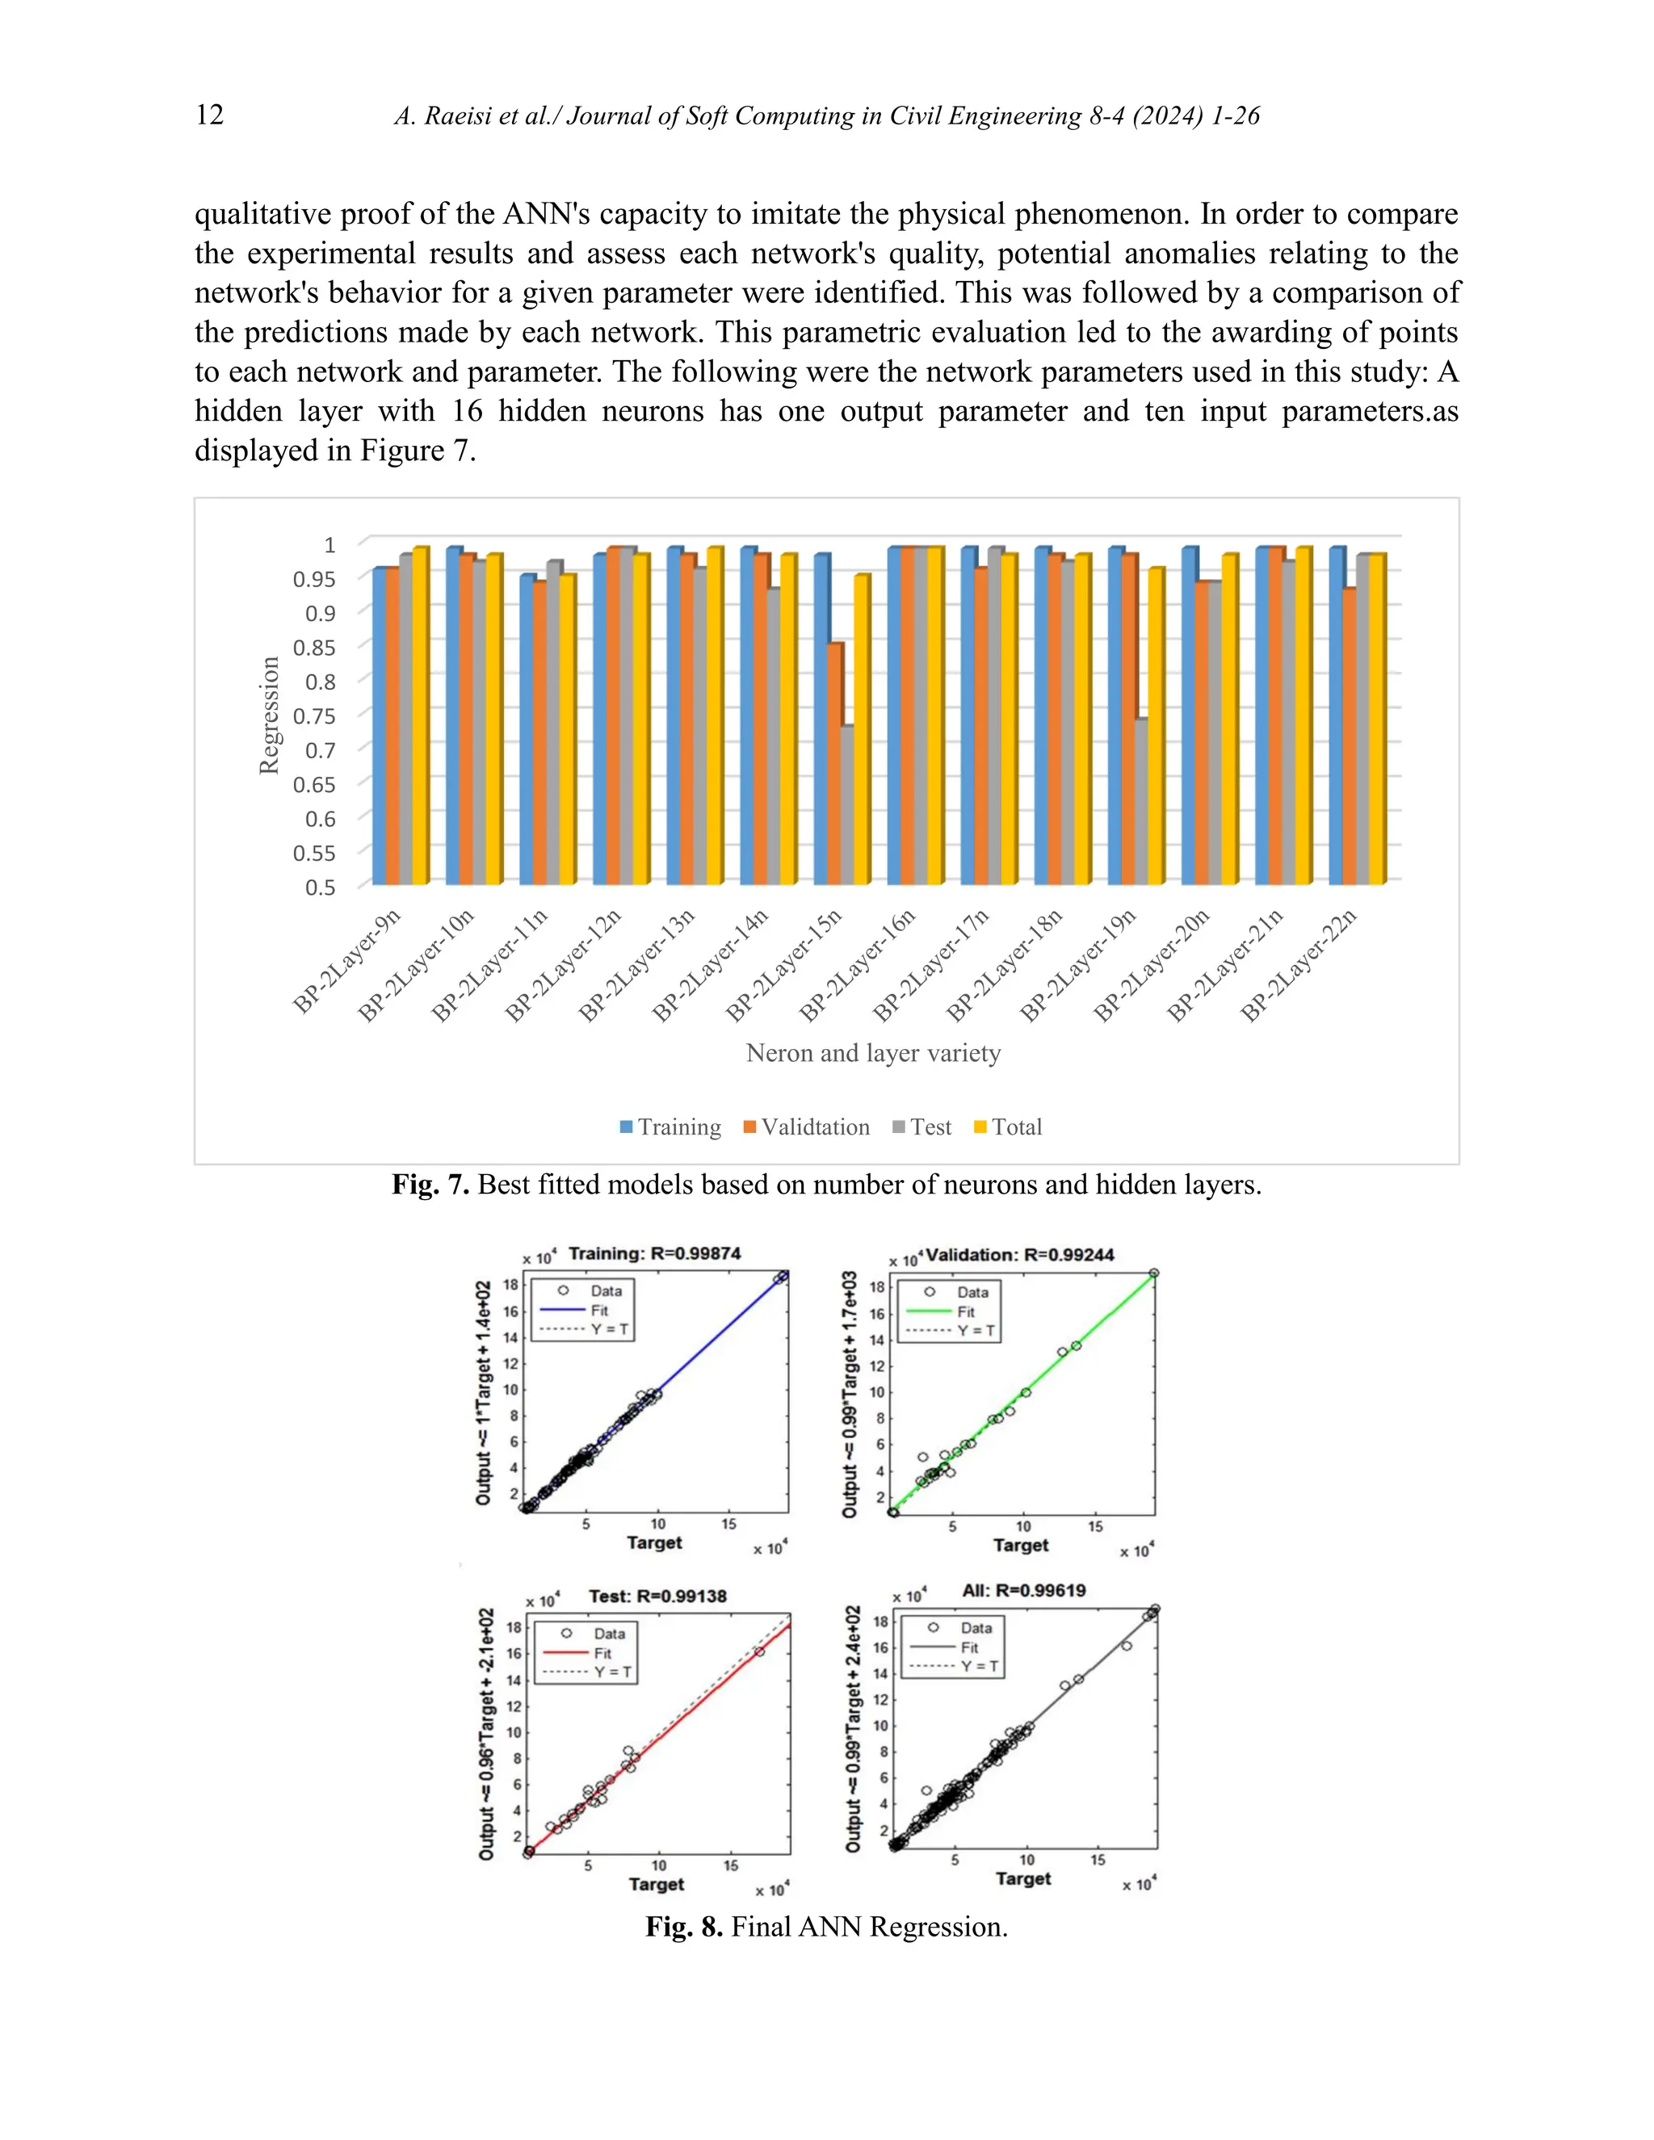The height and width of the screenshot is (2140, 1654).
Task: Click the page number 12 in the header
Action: pyautogui.click(x=210, y=115)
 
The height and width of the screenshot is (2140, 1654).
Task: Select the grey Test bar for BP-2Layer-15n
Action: pyautogui.click(x=846, y=804)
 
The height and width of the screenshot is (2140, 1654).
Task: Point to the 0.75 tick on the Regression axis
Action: pyautogui.click(x=313, y=716)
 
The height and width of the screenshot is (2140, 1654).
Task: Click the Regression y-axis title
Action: pyautogui.click(x=268, y=715)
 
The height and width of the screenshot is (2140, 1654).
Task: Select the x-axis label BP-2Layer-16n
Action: pyautogui.click(x=858, y=965)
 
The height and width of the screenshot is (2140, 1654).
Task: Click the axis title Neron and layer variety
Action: pyautogui.click(x=873, y=1053)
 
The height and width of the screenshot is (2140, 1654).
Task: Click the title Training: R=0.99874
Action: pyautogui.click(x=653, y=1253)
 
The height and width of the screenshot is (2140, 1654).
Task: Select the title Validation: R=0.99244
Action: pyautogui.click(x=1019, y=1254)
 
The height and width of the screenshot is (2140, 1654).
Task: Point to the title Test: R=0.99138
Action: pyautogui.click(x=657, y=1597)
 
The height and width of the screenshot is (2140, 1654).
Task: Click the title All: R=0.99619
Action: pyautogui.click(x=1023, y=1590)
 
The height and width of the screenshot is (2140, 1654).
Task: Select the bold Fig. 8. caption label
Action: pyautogui.click(x=684, y=1928)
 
